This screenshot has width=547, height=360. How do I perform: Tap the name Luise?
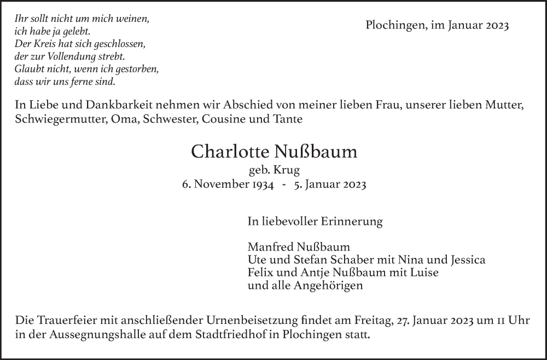point(424,272)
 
